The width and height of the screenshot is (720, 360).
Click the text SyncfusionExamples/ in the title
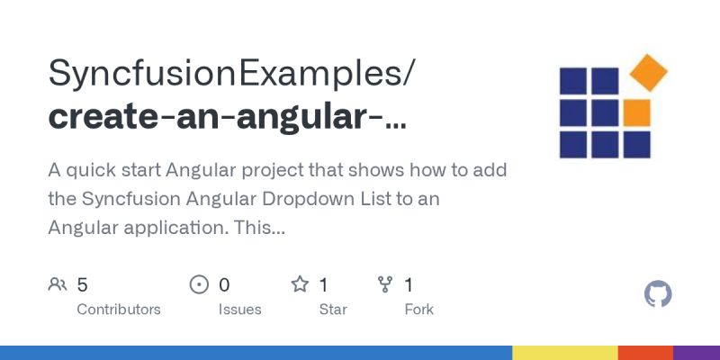pos(231,74)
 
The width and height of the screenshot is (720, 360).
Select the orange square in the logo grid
pos(636,112)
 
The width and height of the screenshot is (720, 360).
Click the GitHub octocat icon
pos(659,294)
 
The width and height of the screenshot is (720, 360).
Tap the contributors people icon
pos(58,285)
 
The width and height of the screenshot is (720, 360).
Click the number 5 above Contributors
pos(82,285)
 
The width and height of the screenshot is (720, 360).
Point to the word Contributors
pos(119,310)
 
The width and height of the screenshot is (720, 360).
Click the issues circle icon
pos(199,285)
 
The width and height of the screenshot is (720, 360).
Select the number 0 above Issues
pos(224,285)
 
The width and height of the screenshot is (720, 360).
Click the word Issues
pos(239,310)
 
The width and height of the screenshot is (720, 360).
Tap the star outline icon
pos(300,285)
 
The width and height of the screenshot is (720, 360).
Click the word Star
pos(333,310)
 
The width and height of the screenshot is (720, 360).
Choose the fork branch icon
pos(385,285)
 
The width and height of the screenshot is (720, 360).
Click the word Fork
pos(418,310)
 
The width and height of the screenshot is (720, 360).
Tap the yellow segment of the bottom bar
pos(565,353)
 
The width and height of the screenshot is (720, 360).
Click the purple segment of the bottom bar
pos(697,353)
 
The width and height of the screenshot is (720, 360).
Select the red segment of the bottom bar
pos(645,353)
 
